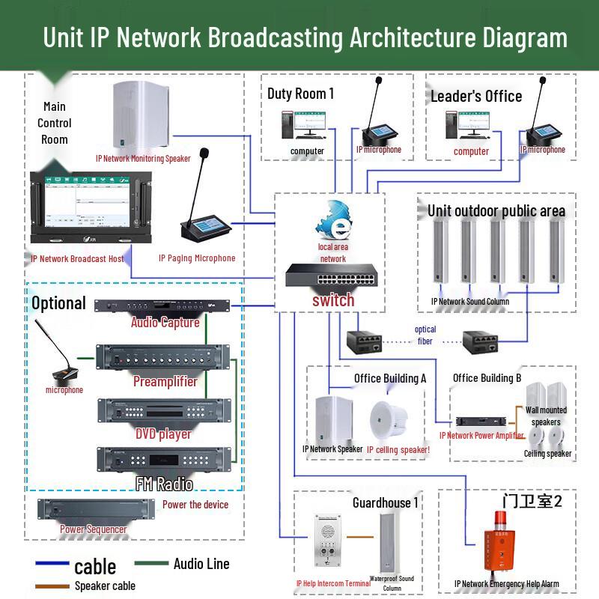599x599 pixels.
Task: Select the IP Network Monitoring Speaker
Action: click(142, 116)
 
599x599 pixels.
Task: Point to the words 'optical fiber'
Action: click(425, 335)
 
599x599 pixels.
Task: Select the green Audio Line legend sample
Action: click(150, 564)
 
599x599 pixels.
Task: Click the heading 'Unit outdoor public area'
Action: click(496, 211)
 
